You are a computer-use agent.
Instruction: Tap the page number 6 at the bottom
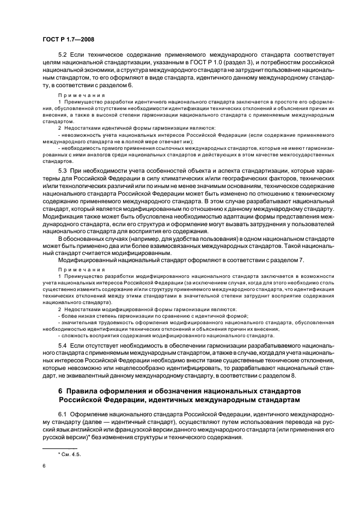point(44,465)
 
